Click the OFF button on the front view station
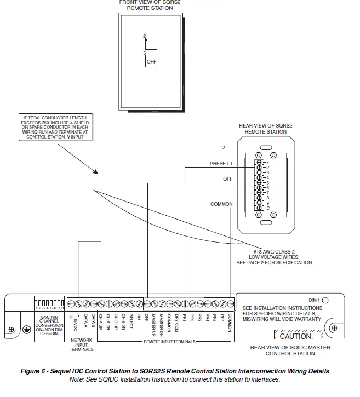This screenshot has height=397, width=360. (151, 61)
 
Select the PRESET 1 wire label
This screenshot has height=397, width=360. (221, 164)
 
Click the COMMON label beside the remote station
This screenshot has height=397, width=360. (221, 204)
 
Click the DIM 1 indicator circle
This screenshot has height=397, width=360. (325, 300)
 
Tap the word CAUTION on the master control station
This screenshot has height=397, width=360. (296, 336)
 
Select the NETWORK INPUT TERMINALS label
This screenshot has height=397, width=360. (82, 344)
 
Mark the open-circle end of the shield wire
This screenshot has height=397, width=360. (224, 147)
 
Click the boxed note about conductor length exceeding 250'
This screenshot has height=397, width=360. (56, 127)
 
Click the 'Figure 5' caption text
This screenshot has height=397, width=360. (175, 371)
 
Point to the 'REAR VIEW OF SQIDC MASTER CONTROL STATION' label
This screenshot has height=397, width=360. (290, 350)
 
